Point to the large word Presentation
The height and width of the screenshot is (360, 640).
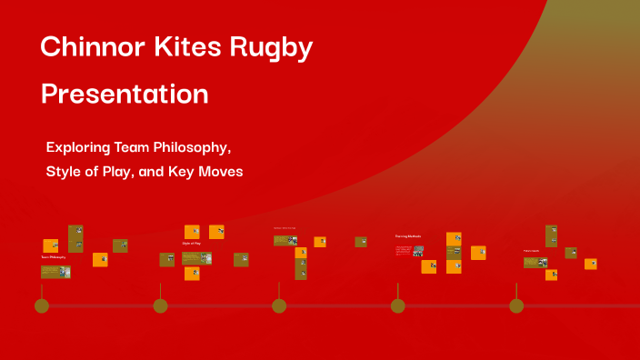pos(125,94)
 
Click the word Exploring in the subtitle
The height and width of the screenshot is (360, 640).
pos(81,146)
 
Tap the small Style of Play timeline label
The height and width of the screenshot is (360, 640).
pos(192,244)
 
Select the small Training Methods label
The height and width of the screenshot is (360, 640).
pos(408,236)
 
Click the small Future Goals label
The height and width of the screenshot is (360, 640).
pos(531,250)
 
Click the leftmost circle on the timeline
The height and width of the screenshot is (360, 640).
pos(42,305)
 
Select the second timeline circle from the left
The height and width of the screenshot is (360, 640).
pos(160,305)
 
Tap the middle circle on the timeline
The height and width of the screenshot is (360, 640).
pos(279,305)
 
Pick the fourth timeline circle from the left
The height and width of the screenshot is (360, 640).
pos(397,305)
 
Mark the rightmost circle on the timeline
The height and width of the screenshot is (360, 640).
pos(516,305)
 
